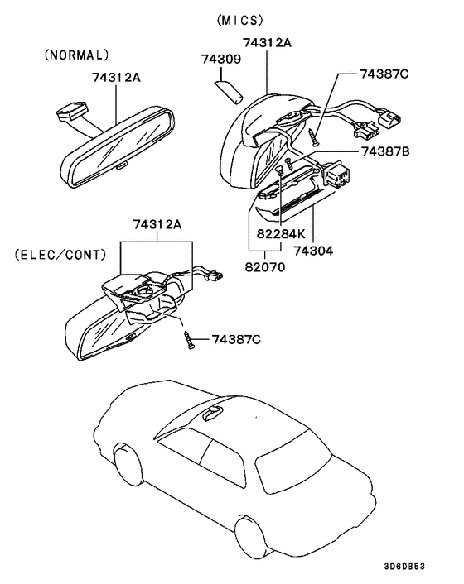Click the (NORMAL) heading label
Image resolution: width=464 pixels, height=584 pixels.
click(x=76, y=55)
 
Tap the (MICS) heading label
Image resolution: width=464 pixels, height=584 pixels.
click(x=240, y=20)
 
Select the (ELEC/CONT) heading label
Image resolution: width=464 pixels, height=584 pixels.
click(x=60, y=255)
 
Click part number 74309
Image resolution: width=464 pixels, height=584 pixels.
click(x=221, y=59)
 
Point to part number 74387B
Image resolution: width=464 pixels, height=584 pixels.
click(x=385, y=151)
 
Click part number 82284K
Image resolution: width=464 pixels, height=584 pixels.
click(x=281, y=233)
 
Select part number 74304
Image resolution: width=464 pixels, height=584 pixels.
click(x=313, y=251)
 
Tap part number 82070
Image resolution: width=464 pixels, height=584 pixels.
click(x=265, y=267)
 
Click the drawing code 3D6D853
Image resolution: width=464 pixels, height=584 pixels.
click(x=404, y=566)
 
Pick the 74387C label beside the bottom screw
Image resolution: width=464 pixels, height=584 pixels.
click(x=236, y=340)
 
